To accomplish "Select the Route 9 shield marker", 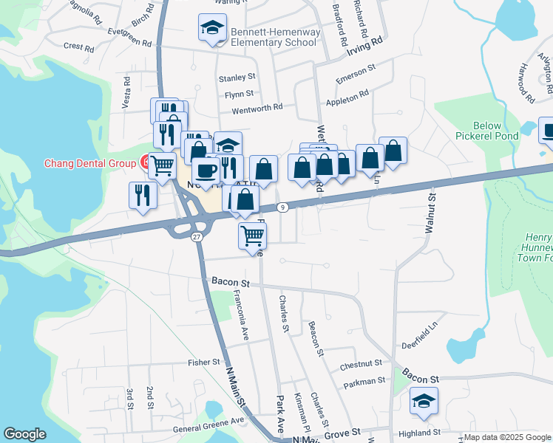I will pyautogui.click(x=283, y=207).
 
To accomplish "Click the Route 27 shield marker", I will pyautogui.click(x=196, y=236).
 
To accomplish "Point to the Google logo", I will pyautogui.click(x=24, y=434).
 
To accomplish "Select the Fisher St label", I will pyautogui.click(x=204, y=363).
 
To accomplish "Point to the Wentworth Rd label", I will pyautogui.click(x=258, y=107).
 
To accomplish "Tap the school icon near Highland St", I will pyautogui.click(x=424, y=401).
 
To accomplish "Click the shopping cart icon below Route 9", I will pyautogui.click(x=253, y=236).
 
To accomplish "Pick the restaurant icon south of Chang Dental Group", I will pyautogui.click(x=142, y=194).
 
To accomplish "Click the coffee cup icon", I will pyautogui.click(x=206, y=171).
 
